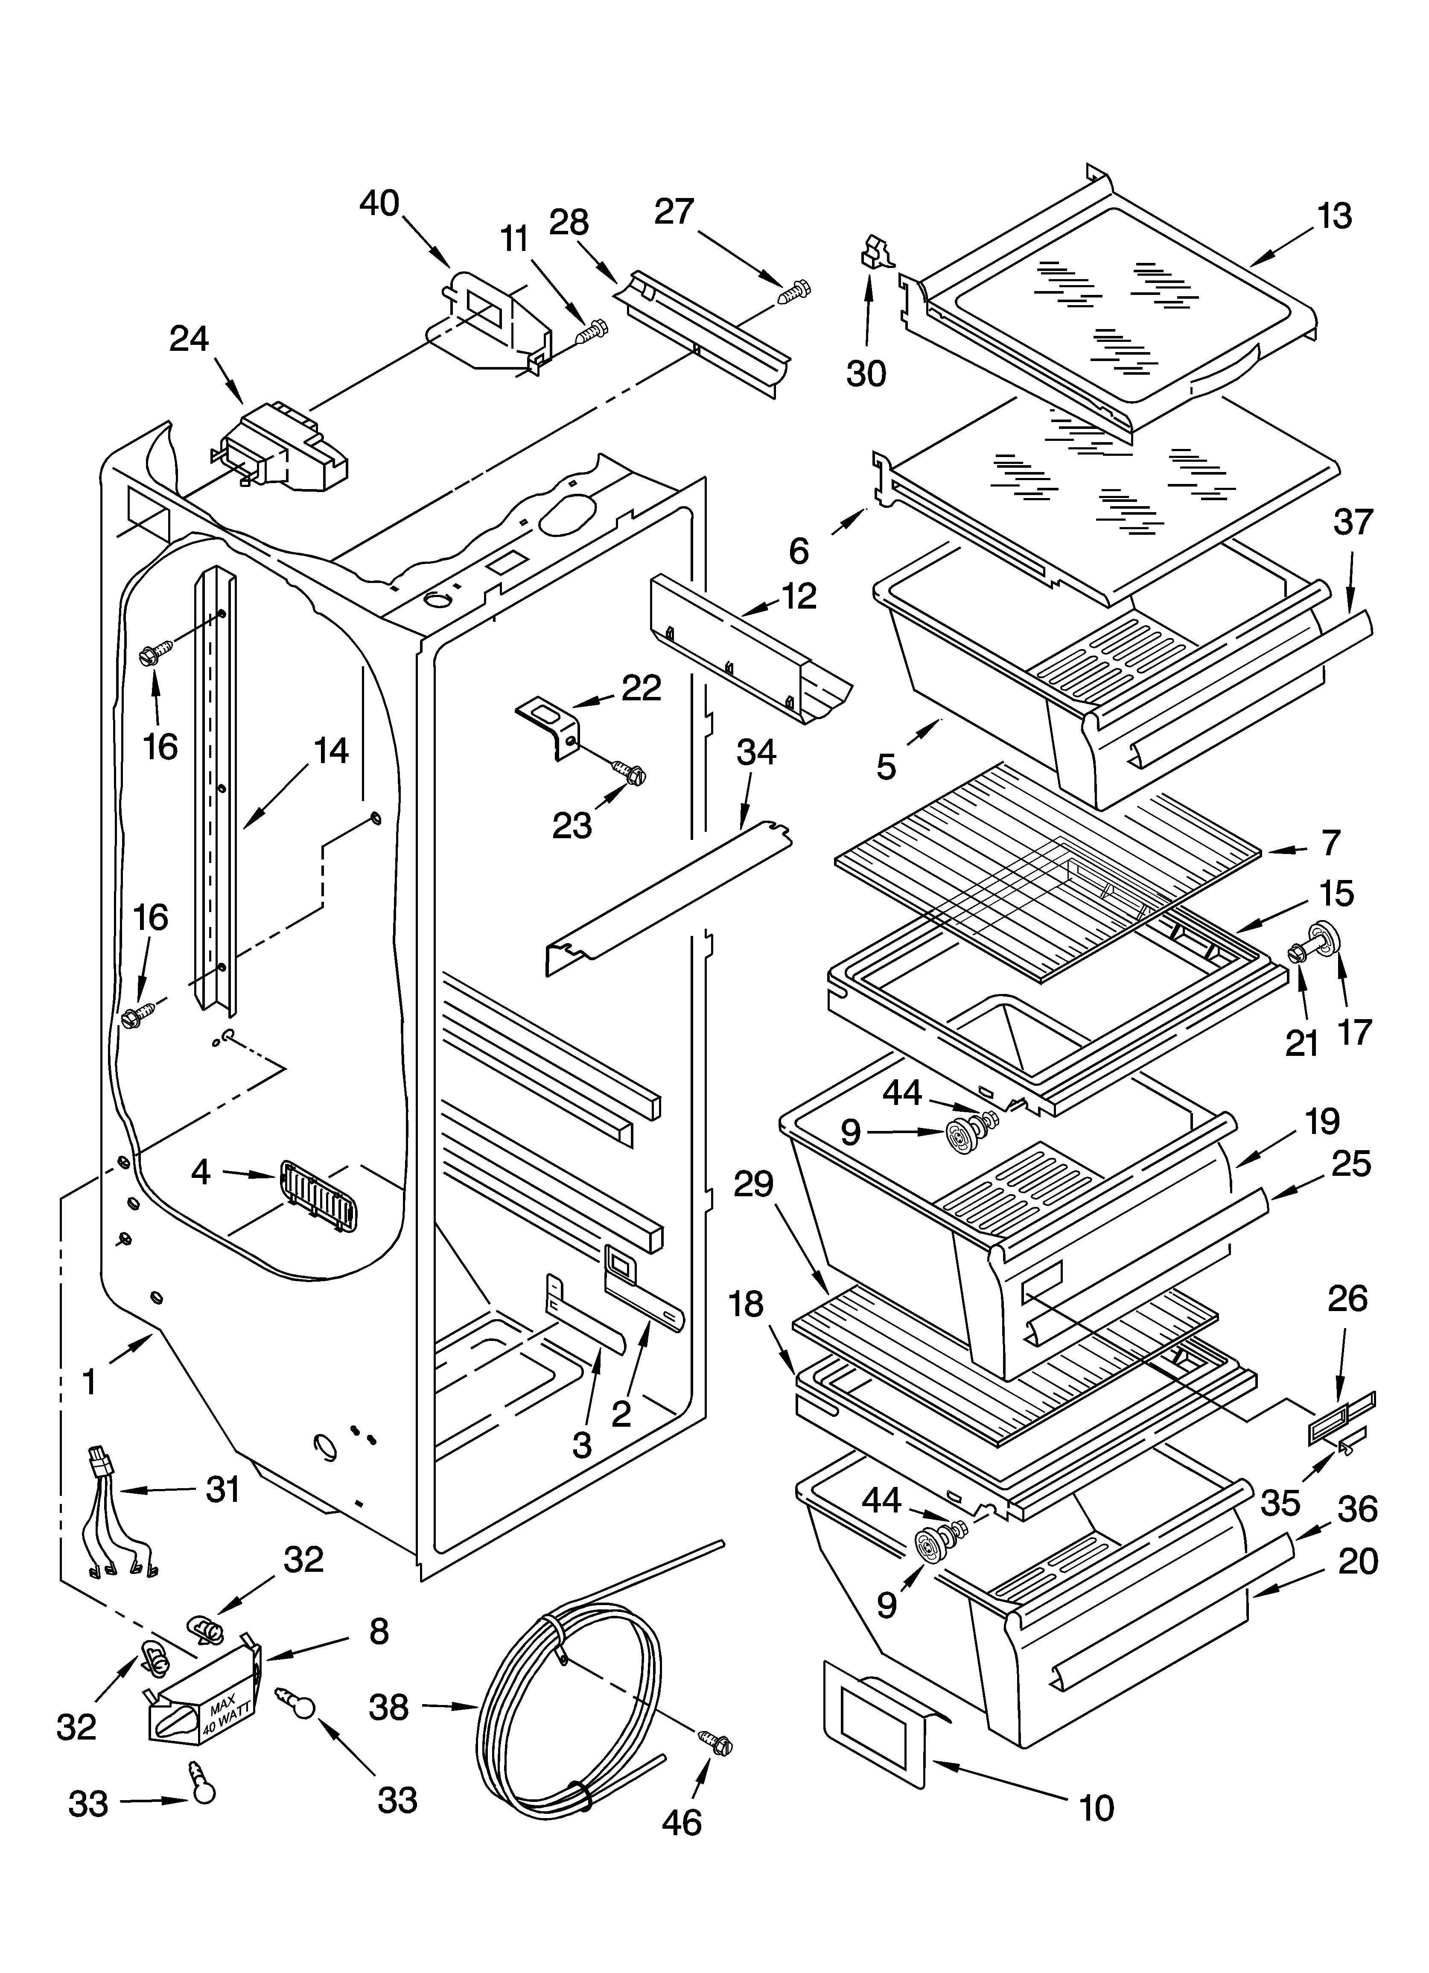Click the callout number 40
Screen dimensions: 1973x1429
(x=379, y=204)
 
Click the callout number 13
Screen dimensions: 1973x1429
(x=1334, y=216)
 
